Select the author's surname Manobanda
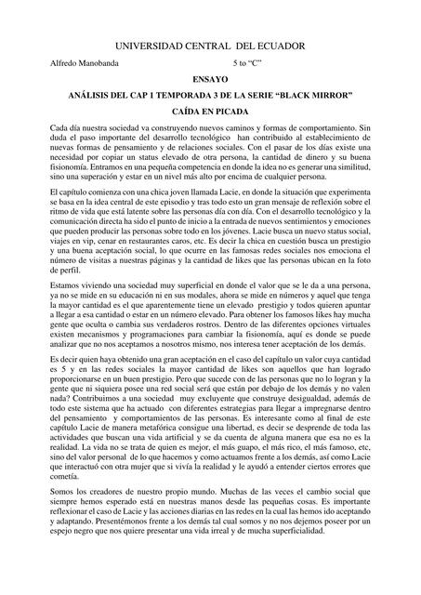pos(99,63)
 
